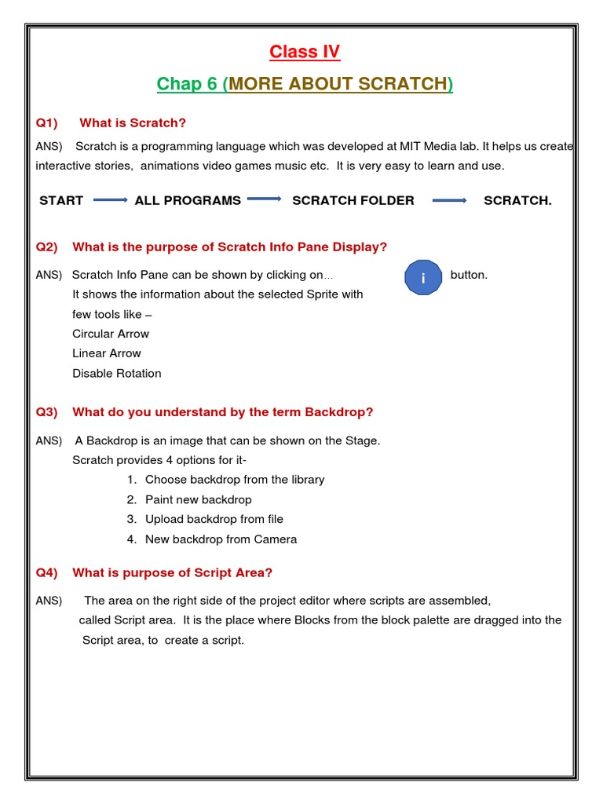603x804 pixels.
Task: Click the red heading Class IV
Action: (x=305, y=52)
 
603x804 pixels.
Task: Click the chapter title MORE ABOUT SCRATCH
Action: (x=338, y=84)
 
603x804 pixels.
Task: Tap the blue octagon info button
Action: (x=423, y=278)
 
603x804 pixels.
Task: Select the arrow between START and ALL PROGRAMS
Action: (x=110, y=200)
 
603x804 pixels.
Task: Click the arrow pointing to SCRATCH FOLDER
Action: (x=265, y=199)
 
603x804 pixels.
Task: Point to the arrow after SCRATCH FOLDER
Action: (x=450, y=200)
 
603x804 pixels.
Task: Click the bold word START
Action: (x=61, y=201)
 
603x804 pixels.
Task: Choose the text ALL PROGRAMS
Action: (x=188, y=201)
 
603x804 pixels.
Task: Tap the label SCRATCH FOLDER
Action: (x=353, y=201)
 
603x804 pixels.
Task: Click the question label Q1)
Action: (x=47, y=123)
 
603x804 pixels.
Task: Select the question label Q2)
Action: (x=47, y=247)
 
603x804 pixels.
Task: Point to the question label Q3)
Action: (x=47, y=412)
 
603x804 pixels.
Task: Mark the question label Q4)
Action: (x=47, y=573)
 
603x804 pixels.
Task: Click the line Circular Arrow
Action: (x=111, y=334)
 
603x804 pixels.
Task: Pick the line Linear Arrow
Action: (x=107, y=353)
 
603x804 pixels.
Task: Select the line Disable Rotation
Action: (x=117, y=374)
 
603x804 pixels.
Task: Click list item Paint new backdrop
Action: (x=199, y=499)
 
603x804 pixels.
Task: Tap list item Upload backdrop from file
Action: (x=214, y=519)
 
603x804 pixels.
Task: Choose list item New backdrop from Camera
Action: (x=221, y=539)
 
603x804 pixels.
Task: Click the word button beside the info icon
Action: (x=469, y=275)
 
